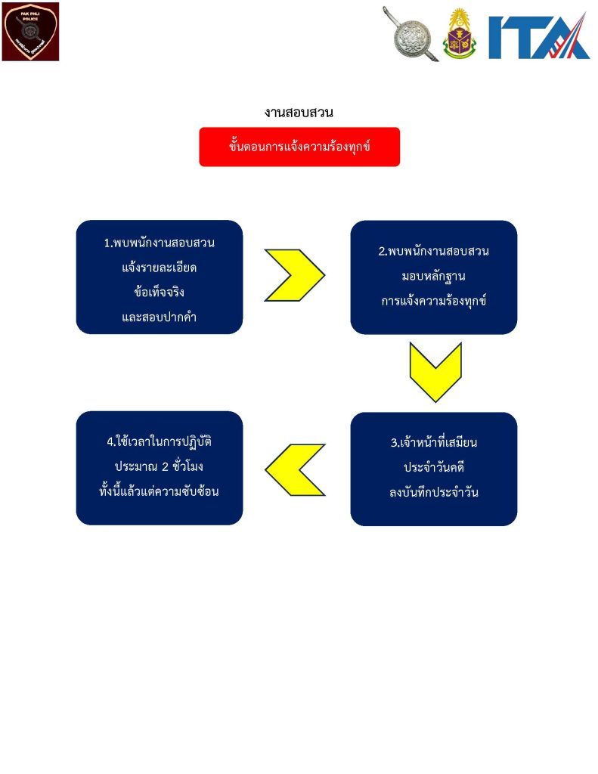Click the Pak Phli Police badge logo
click(x=30, y=32)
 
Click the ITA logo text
click(x=538, y=36)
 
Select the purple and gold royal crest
click(x=460, y=34)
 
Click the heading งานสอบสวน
click(x=299, y=113)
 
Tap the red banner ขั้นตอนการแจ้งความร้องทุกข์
click(x=299, y=147)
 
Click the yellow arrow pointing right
click(x=295, y=275)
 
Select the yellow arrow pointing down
click(x=435, y=372)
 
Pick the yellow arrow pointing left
click(x=295, y=469)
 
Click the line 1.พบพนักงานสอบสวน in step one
click(x=160, y=243)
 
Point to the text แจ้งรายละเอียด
click(x=160, y=268)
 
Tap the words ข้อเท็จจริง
click(x=160, y=292)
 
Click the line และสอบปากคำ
click(x=160, y=316)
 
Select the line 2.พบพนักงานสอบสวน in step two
click(x=433, y=251)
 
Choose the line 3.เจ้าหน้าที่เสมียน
click(x=433, y=443)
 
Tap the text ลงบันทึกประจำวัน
click(x=433, y=493)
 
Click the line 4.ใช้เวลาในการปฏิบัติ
click(x=160, y=441)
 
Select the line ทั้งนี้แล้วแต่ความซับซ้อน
click(x=160, y=491)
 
